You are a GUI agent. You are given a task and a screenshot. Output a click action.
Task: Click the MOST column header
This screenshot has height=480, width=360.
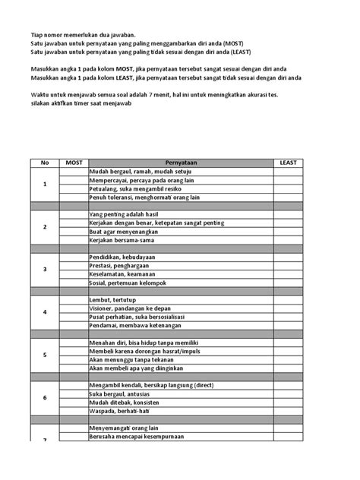pyautogui.click(x=74, y=163)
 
